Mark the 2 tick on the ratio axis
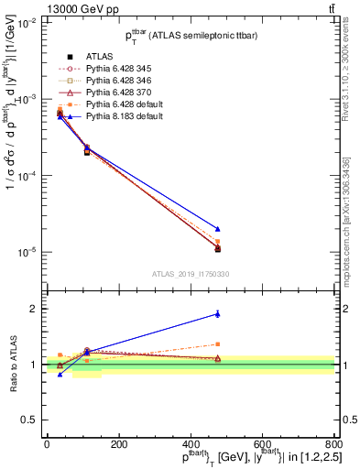pos(37,309)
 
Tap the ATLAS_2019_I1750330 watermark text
pos(191,274)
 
